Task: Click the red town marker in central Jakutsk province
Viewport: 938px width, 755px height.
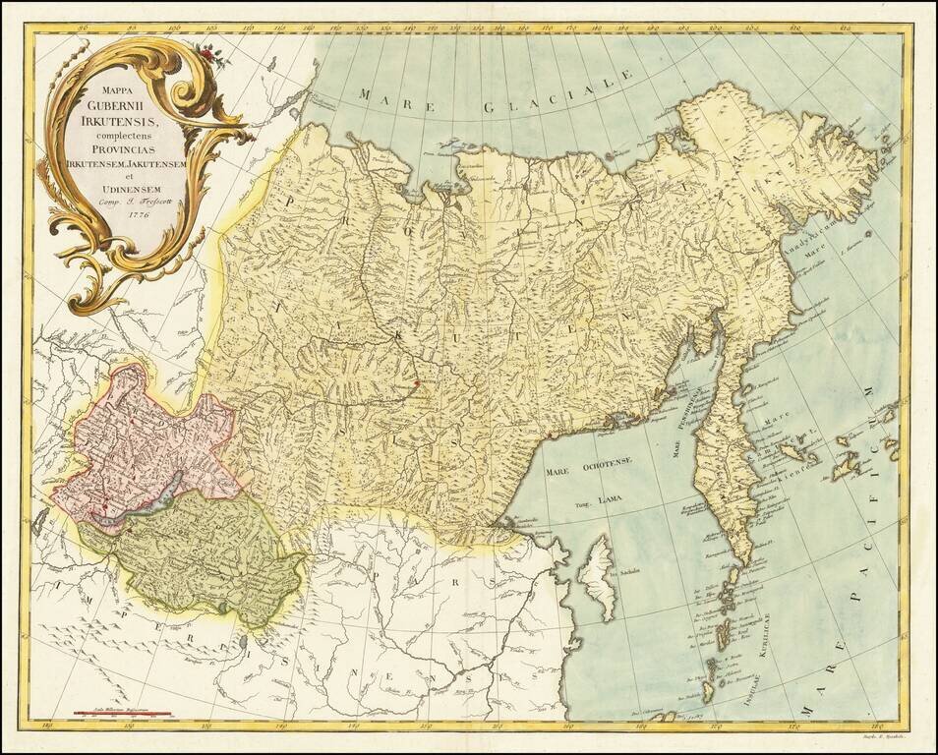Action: point(417,381)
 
